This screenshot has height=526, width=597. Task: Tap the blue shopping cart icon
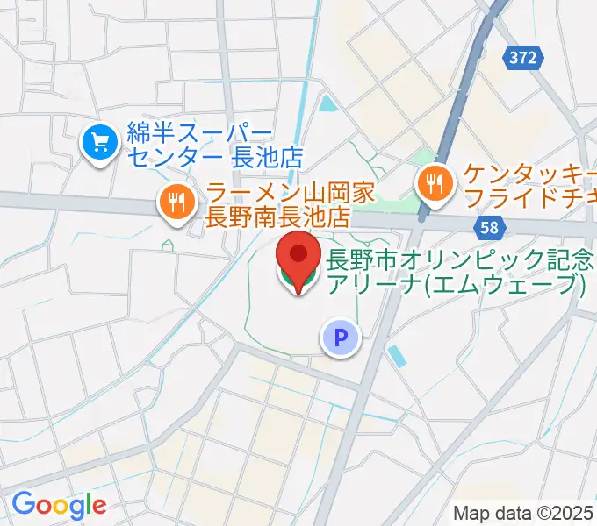(99, 143)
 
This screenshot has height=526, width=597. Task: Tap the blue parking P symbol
(341, 337)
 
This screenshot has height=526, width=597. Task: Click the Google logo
(59, 505)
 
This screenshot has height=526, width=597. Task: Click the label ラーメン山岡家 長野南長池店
(278, 203)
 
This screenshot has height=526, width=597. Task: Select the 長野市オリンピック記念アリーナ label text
(457, 272)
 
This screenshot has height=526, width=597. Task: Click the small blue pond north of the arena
(328, 106)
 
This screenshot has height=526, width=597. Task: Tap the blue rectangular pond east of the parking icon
(396, 356)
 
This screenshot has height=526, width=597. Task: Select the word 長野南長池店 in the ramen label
(278, 216)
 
